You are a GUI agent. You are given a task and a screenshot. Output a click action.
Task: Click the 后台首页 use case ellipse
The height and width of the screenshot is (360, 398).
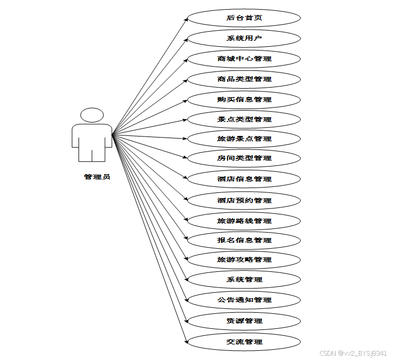(x=244, y=18)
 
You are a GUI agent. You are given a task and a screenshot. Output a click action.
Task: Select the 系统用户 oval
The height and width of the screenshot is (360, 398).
(x=244, y=39)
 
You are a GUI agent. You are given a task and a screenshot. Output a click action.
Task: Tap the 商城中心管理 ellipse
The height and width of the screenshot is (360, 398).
(x=244, y=59)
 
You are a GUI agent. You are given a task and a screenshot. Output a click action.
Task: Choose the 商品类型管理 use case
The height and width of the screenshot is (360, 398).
(x=244, y=80)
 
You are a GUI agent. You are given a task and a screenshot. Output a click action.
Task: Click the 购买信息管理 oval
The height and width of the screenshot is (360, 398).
(x=244, y=100)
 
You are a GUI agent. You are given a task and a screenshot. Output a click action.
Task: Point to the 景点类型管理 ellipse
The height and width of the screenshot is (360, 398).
(x=244, y=119)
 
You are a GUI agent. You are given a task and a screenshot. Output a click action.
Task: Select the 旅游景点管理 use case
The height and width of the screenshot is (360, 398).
(x=244, y=139)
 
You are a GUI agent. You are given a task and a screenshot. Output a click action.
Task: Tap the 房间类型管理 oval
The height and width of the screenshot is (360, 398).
(x=244, y=159)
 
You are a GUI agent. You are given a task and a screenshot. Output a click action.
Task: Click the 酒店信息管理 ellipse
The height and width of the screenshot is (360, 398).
(x=244, y=179)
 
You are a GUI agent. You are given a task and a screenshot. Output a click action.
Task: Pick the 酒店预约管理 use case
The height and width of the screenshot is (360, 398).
(x=244, y=200)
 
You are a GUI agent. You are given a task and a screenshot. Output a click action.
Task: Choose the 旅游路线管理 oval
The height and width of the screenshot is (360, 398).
(x=244, y=221)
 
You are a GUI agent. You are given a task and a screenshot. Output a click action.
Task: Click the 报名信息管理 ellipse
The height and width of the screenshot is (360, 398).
(x=244, y=240)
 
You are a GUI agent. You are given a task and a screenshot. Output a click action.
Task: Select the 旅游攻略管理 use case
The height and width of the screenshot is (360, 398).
(x=244, y=260)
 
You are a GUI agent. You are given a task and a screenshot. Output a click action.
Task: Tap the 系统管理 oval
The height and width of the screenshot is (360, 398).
(x=244, y=279)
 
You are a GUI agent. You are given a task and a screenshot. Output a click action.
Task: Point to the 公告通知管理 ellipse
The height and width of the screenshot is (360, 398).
(x=244, y=300)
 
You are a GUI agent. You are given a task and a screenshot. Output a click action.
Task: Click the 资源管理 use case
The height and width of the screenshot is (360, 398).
(x=244, y=321)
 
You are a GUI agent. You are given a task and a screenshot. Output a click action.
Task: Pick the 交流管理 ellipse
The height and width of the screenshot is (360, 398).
(x=244, y=342)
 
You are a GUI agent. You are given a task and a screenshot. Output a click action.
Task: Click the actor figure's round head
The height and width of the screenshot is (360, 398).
(x=92, y=115)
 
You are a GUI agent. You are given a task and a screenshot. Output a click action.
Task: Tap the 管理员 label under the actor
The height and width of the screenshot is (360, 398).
(x=97, y=177)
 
